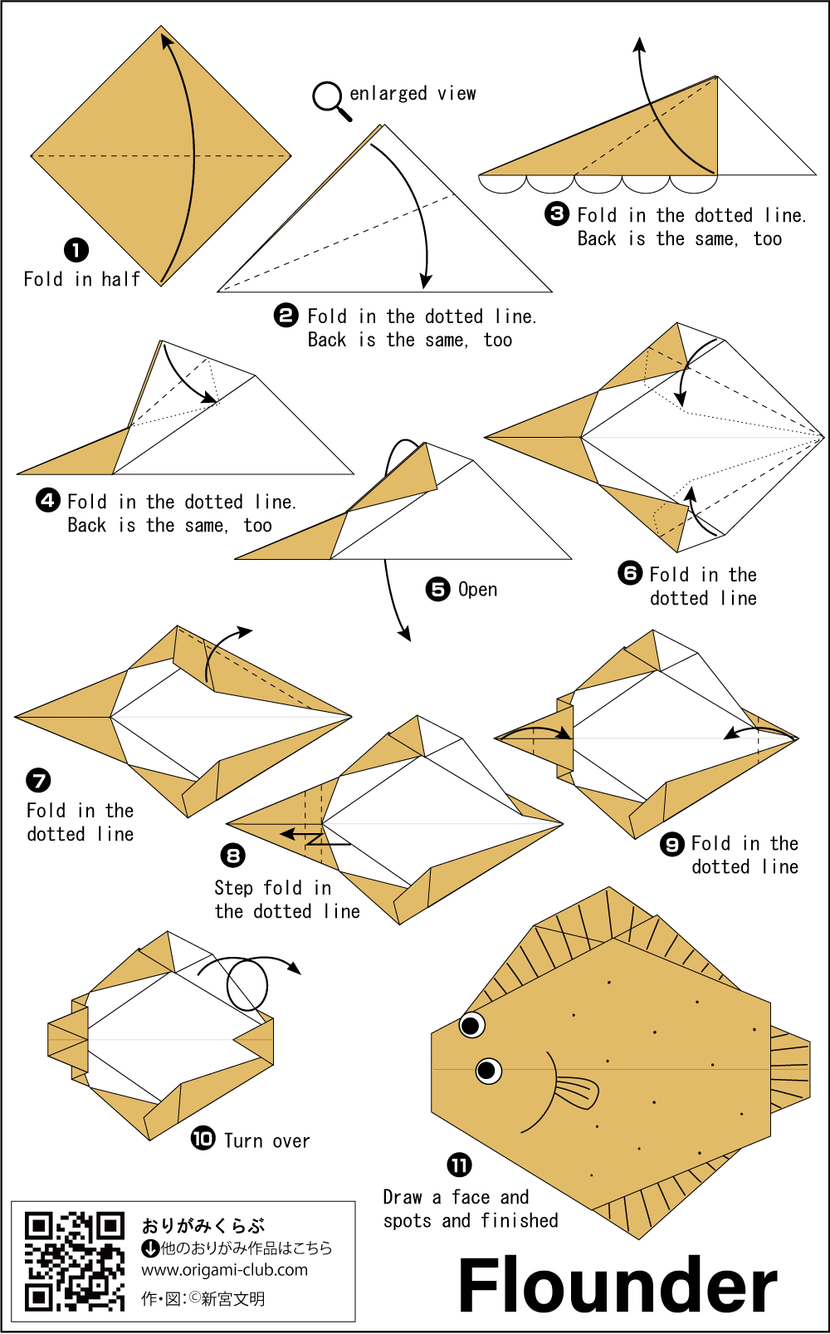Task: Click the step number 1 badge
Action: (76, 249)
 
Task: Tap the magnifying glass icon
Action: (329, 98)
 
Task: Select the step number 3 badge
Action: (557, 214)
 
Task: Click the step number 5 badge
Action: (437, 589)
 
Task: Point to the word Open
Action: (477, 590)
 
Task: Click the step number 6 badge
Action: (630, 573)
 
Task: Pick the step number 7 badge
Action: (38, 780)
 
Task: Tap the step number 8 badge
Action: (233, 856)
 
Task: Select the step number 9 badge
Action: (671, 844)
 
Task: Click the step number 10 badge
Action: (203, 1138)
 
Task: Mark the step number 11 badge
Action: (459, 1165)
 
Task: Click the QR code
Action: (74, 1260)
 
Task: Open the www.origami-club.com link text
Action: (224, 1270)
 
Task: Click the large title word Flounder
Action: (618, 1284)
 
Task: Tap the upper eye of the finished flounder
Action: (471, 1024)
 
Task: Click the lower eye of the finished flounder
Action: (488, 1071)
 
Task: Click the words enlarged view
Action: (413, 93)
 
